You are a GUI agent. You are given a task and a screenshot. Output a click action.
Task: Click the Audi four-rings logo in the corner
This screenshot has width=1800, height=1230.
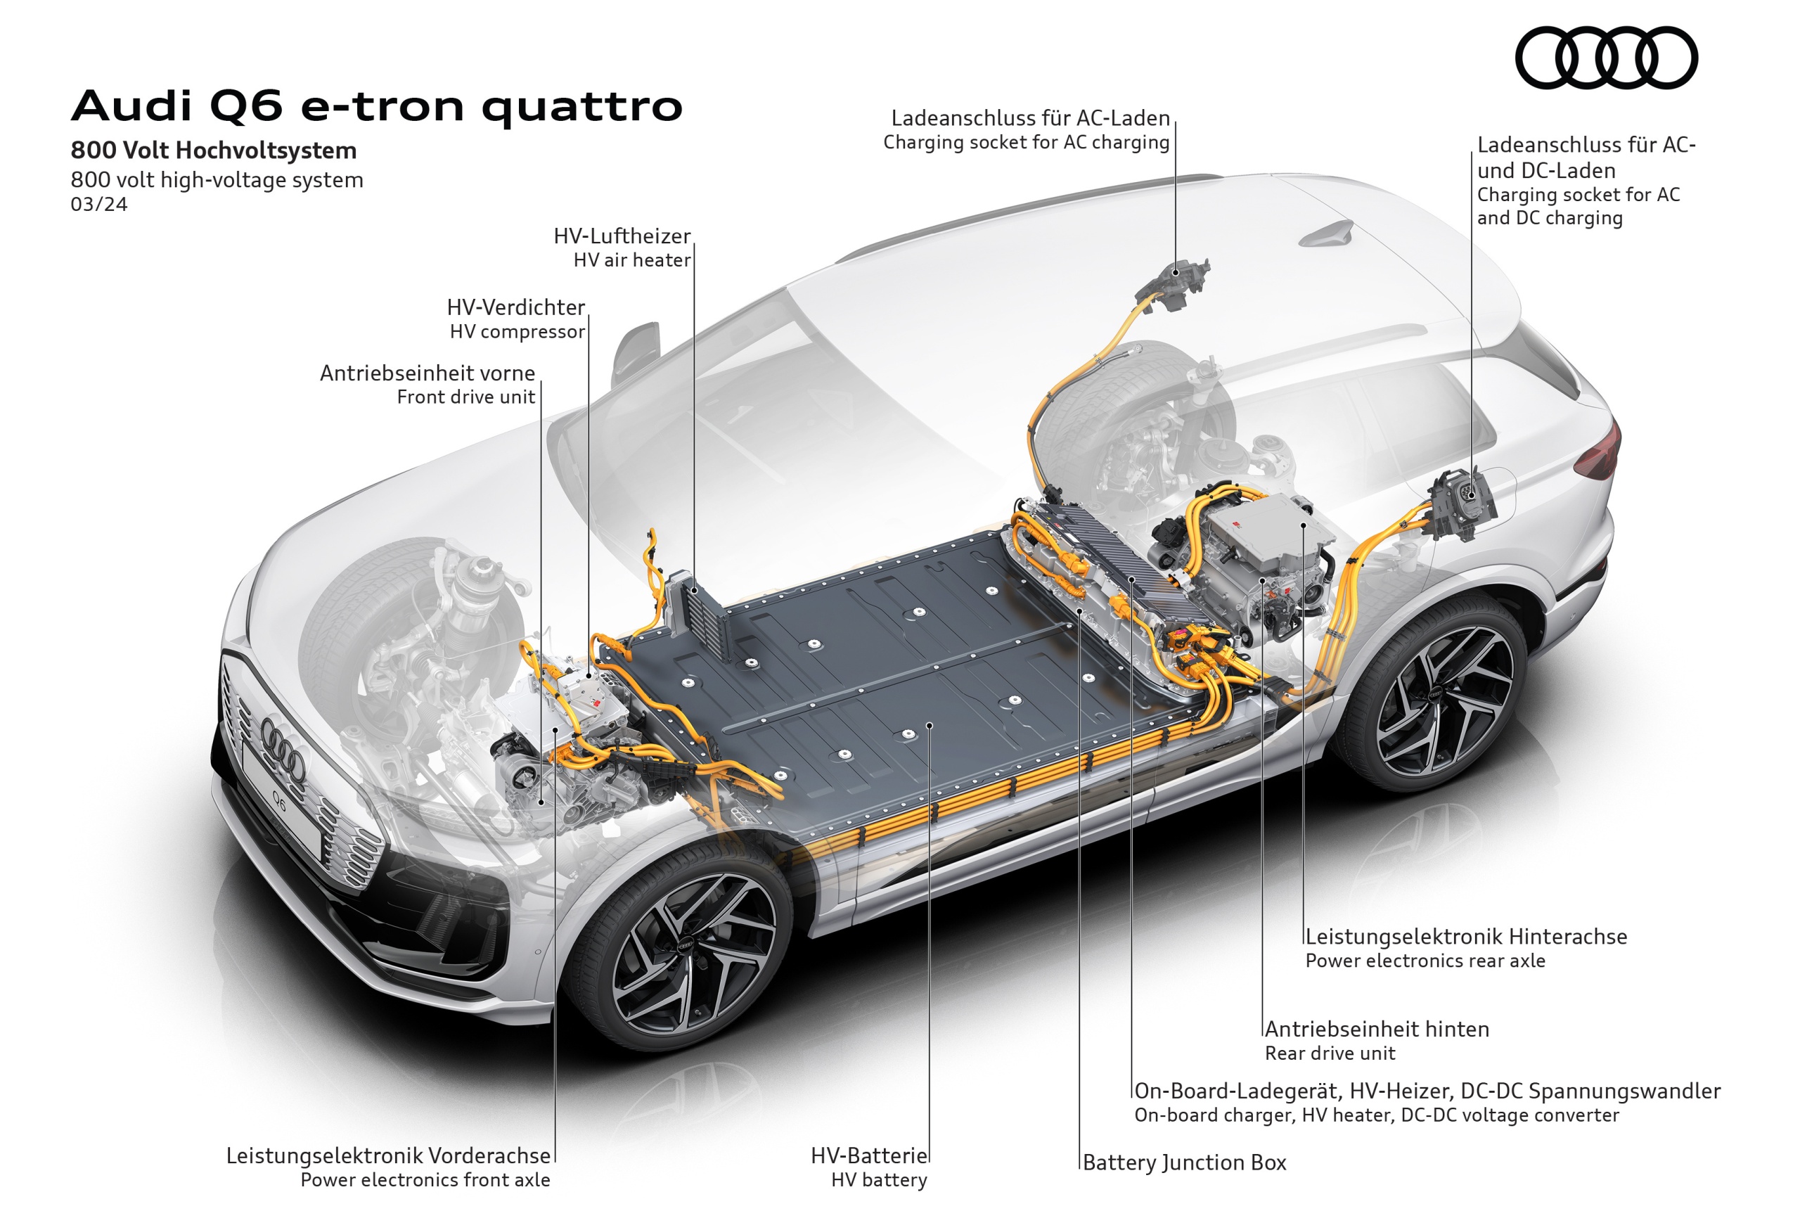(x=1607, y=58)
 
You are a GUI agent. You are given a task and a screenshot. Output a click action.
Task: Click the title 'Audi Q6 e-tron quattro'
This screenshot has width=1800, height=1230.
(x=377, y=106)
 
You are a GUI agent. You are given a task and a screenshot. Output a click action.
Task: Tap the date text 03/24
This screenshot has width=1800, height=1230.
(x=99, y=205)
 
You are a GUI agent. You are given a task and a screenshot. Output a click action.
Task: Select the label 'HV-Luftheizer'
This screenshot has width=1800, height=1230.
(x=622, y=236)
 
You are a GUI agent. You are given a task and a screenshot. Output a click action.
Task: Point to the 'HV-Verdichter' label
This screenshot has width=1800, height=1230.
(x=516, y=307)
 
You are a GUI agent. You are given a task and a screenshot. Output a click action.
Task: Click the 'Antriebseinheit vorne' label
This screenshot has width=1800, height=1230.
(x=427, y=373)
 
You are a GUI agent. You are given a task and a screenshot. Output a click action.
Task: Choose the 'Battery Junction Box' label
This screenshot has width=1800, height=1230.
(x=1184, y=1162)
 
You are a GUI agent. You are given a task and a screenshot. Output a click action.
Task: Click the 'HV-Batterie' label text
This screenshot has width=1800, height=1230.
(x=869, y=1155)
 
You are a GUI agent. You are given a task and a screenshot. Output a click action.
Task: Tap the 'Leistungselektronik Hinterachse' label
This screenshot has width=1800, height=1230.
(x=1466, y=937)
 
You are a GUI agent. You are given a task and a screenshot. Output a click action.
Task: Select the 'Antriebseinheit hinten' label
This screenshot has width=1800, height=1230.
(x=1377, y=1029)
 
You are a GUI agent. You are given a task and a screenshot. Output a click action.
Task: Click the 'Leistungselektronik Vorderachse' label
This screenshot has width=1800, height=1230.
(x=388, y=1155)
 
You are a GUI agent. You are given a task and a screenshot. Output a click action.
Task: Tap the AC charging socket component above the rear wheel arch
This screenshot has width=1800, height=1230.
(x=1176, y=283)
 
